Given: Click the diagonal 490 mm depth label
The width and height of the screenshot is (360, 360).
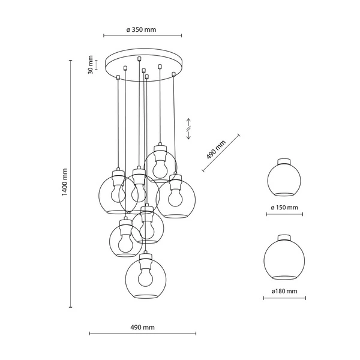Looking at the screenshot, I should pyautogui.click(x=215, y=147).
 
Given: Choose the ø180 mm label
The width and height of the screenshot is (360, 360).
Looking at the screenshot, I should pyautogui.click(x=284, y=291).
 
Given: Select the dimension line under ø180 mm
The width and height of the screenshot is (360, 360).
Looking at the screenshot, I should pyautogui.click(x=284, y=298).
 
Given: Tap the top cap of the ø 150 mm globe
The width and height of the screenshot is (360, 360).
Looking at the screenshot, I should pyautogui.click(x=284, y=160).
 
